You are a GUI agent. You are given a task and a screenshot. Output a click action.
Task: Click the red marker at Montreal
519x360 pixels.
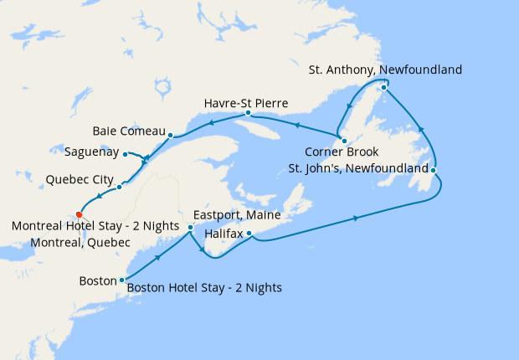[x=79, y=213]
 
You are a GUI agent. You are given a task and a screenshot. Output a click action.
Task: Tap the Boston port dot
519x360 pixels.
[x=122, y=280]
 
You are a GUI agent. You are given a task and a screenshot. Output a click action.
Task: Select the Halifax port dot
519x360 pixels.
[x=249, y=234]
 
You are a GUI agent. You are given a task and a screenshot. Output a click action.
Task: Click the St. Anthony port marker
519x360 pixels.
[x=383, y=87]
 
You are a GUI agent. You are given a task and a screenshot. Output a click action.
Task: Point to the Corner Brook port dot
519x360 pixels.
[x=343, y=140]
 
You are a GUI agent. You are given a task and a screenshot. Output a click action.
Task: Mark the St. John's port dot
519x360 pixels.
[x=435, y=171]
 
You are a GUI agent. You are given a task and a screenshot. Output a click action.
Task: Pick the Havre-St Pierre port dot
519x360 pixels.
[x=248, y=112]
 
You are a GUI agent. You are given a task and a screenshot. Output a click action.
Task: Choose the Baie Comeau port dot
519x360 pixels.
[x=170, y=135]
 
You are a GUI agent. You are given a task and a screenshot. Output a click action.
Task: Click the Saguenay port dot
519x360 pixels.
[x=125, y=154]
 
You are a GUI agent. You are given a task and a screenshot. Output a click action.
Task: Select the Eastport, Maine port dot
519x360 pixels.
[x=190, y=227]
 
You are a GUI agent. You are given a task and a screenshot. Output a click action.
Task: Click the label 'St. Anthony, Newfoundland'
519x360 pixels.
[x=384, y=69]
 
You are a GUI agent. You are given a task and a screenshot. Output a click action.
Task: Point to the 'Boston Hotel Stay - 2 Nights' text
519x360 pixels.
[x=204, y=288]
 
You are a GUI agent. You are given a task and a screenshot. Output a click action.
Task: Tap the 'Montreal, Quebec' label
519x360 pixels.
[x=80, y=242]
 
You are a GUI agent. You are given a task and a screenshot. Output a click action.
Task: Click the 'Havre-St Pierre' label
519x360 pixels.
[x=246, y=103]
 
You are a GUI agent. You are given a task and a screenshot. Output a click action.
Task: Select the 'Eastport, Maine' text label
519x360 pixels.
[x=237, y=215]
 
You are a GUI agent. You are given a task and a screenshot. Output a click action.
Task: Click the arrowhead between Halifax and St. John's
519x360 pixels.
[x=357, y=218]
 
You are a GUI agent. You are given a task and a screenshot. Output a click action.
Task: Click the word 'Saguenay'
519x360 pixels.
[x=91, y=153]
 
